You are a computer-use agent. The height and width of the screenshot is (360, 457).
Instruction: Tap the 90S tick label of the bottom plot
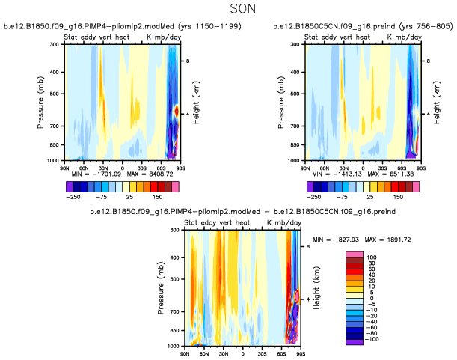pos(301,353)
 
